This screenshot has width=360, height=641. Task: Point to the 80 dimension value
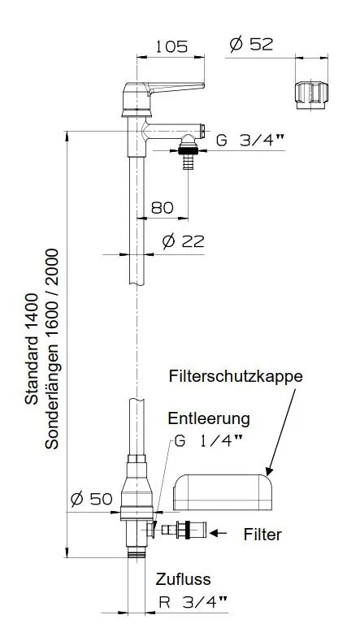click(163, 207)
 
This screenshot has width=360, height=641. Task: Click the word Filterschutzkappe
click(236, 377)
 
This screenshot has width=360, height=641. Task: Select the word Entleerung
click(208, 419)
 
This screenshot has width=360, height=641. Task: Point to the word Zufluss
click(184, 579)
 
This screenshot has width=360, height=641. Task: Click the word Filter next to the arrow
click(262, 535)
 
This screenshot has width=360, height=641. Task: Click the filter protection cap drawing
click(223, 492)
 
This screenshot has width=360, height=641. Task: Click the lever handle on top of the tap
click(167, 89)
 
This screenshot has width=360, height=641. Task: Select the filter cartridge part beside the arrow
click(185, 532)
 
